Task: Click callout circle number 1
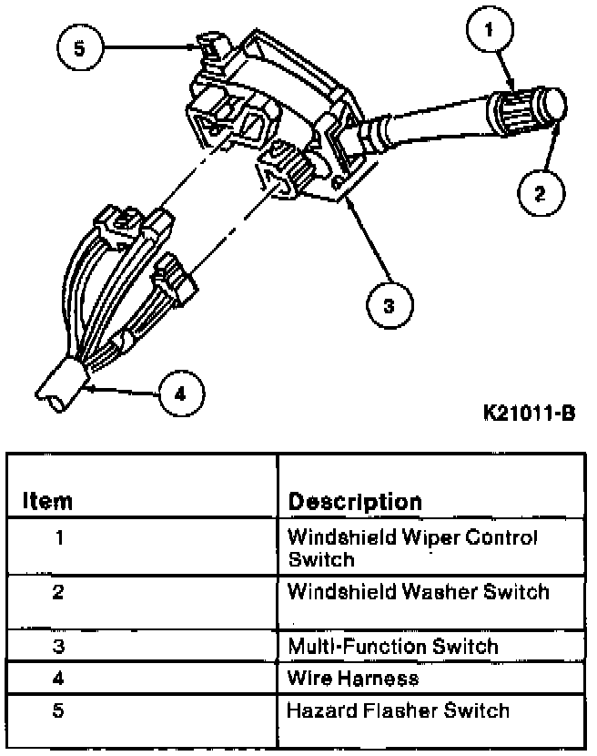click(x=489, y=30)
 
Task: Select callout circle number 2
click(x=541, y=191)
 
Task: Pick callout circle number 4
click(x=179, y=393)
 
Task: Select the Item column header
click(x=47, y=501)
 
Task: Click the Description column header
click(x=355, y=501)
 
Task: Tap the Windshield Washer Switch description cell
click(x=419, y=592)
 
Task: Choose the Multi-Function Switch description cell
click(x=393, y=648)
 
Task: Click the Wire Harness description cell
click(x=353, y=678)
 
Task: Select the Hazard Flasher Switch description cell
click(x=398, y=710)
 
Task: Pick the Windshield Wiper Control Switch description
click(x=412, y=547)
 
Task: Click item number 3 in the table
click(x=59, y=648)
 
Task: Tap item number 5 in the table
click(x=59, y=710)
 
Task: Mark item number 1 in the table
click(x=59, y=537)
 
